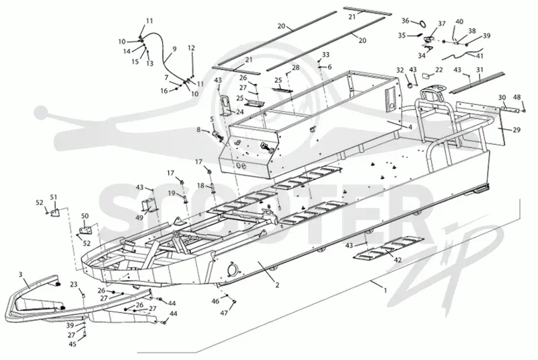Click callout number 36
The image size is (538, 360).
406,21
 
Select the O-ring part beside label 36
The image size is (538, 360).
423,24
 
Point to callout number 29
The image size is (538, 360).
516,130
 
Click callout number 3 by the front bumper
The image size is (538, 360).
21,274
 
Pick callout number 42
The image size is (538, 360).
397,260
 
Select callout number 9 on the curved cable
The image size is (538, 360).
175,49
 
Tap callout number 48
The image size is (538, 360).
516,98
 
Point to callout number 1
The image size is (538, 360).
385,290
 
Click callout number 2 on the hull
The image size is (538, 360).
277,285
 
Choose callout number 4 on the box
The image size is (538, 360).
410,127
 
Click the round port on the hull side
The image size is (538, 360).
232,268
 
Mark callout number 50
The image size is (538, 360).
85,216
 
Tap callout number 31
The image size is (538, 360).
479,70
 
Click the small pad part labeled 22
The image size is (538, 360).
426,75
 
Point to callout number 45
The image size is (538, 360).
73,345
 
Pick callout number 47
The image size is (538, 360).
224,313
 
